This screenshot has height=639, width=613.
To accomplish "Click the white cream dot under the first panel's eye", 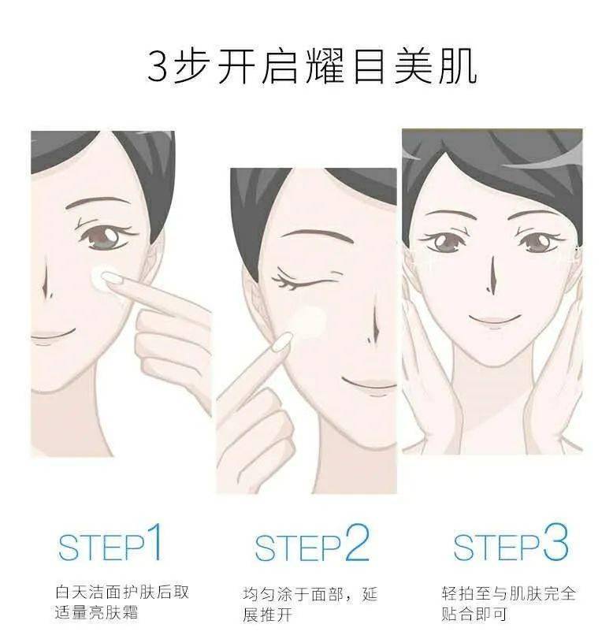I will coord(102,277).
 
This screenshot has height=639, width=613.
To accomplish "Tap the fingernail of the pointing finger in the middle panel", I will coord(280,341).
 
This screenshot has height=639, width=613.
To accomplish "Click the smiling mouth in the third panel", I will coord(494,319).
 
